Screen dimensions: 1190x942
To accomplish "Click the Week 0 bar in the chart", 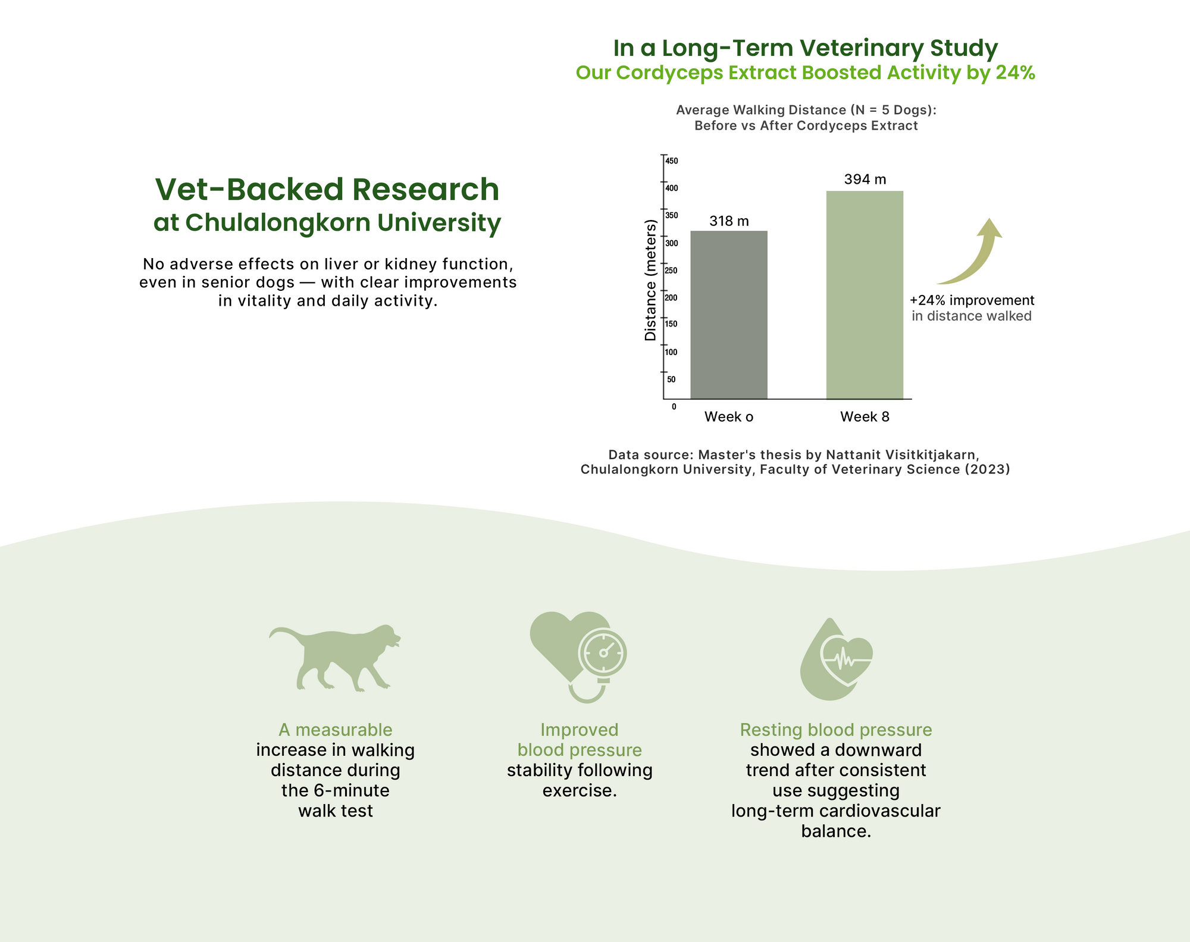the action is (729, 315).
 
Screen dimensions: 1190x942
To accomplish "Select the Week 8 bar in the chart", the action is (865, 295).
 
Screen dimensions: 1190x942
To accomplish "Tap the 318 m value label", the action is (729, 221).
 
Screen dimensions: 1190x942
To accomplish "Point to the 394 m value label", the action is (865, 179).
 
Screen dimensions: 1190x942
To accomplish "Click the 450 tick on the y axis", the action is (672, 161).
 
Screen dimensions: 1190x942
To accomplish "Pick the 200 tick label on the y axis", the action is (672, 298).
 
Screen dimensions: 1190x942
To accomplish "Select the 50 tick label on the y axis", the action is (671, 379).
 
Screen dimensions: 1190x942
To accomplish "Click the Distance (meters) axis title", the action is (650, 280).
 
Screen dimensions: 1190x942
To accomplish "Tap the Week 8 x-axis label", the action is (865, 417).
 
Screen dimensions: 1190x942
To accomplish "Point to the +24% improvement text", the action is (972, 300).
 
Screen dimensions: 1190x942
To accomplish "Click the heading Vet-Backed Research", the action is (327, 189).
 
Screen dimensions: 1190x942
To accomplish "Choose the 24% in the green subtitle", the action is (1016, 73).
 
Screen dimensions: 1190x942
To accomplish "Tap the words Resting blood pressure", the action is (836, 730).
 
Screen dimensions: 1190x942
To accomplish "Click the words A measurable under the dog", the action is (336, 730).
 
